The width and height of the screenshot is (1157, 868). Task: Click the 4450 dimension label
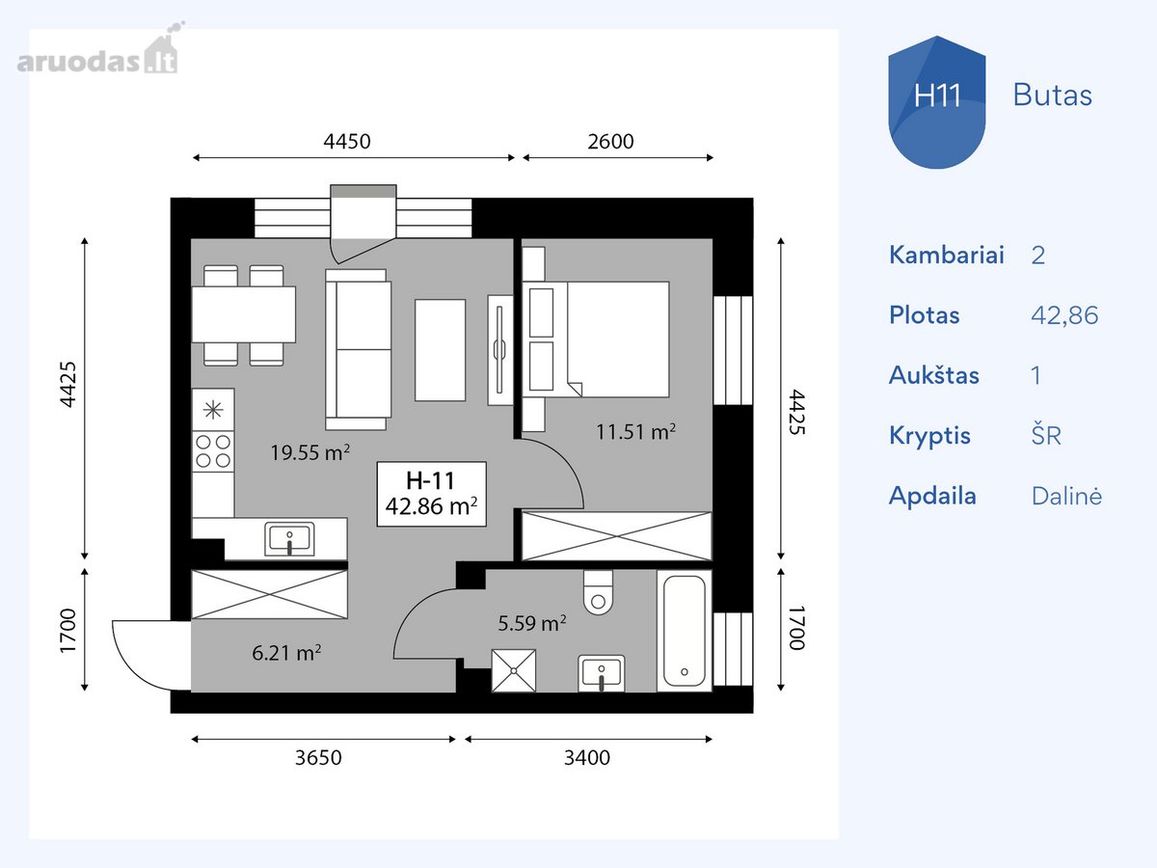(x=347, y=141)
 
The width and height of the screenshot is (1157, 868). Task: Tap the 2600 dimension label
(x=610, y=141)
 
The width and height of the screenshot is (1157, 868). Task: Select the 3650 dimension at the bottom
(x=318, y=757)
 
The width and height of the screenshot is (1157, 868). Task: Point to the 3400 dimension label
(x=587, y=757)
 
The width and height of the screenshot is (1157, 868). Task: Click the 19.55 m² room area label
(x=309, y=452)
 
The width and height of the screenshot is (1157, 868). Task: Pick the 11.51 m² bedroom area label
(x=635, y=432)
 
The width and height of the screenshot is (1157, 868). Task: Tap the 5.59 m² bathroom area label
(x=532, y=623)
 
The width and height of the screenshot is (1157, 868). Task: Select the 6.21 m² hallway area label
(x=286, y=653)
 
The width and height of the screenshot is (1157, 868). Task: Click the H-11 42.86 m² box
(x=431, y=494)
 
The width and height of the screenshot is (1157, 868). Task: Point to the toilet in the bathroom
(x=598, y=592)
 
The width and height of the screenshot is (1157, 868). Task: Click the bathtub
(x=685, y=631)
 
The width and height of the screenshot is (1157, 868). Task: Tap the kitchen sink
(x=289, y=539)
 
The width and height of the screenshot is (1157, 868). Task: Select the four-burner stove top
(x=213, y=451)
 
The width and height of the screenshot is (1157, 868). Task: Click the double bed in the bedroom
(x=596, y=339)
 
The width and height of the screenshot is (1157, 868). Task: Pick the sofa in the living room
(x=358, y=350)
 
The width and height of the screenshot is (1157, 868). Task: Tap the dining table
(x=244, y=314)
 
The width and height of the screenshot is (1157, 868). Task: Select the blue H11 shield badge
(x=936, y=102)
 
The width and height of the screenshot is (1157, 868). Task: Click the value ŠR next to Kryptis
(x=1046, y=435)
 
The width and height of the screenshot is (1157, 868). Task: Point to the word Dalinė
(x=1066, y=496)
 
